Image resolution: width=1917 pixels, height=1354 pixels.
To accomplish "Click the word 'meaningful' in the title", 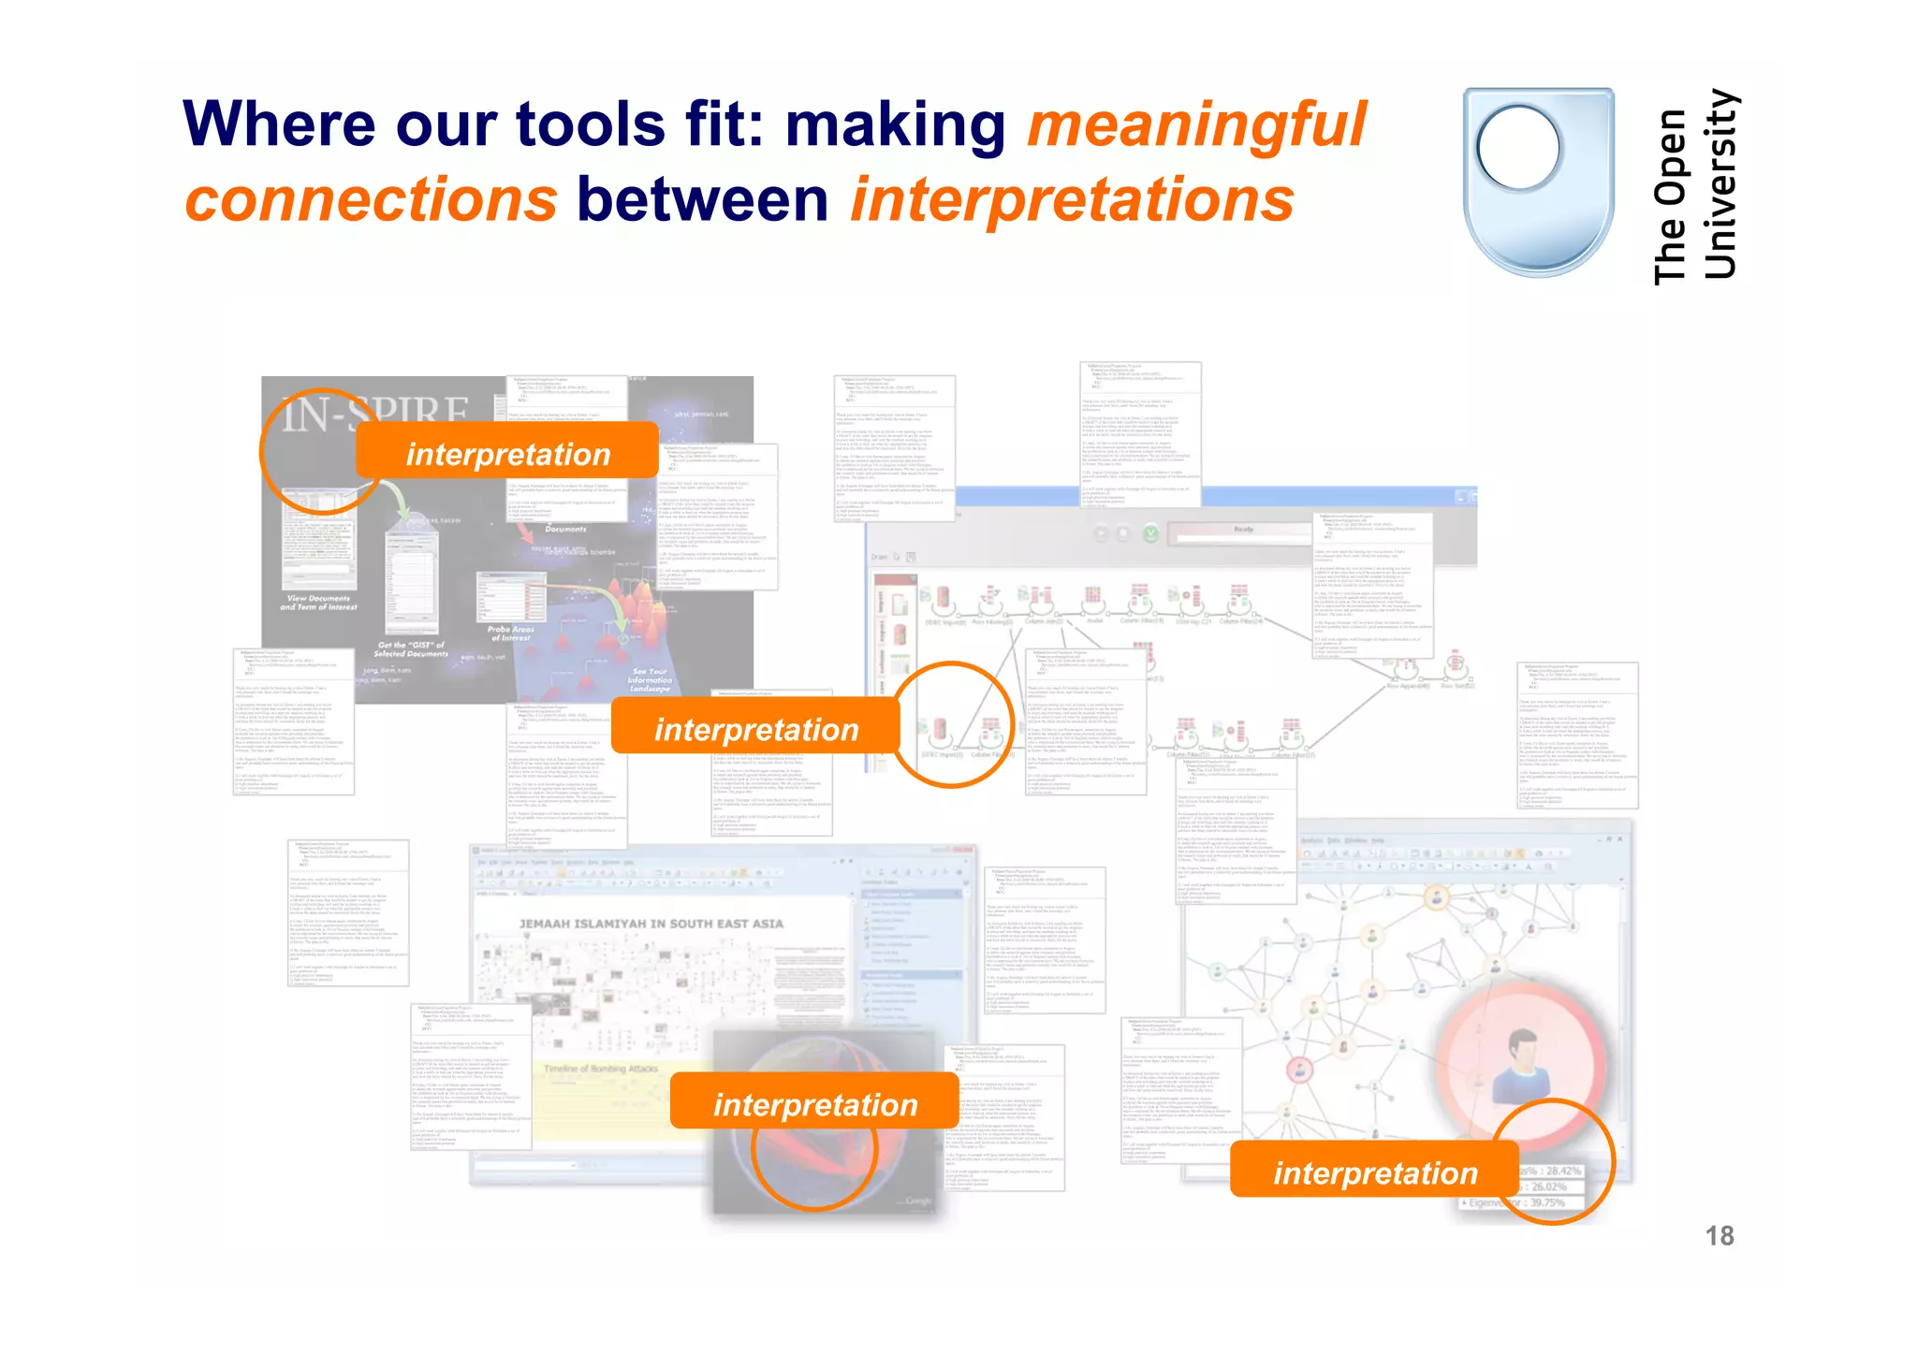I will [x=1196, y=125].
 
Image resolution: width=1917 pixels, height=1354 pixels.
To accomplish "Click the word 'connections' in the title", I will [x=371, y=201].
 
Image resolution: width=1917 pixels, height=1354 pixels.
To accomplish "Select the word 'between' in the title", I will [x=702, y=201].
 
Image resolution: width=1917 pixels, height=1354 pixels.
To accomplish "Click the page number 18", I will [x=1719, y=1236].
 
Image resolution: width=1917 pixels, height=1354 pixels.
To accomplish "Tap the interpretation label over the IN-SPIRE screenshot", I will [x=507, y=454].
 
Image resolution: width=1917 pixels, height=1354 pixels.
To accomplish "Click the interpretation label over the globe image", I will [x=814, y=1104].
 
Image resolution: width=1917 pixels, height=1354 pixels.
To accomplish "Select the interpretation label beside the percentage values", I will [x=1374, y=1172].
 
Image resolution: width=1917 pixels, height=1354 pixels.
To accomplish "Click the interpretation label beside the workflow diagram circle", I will [x=755, y=729].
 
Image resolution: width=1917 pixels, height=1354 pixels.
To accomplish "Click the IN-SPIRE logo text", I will [x=374, y=415].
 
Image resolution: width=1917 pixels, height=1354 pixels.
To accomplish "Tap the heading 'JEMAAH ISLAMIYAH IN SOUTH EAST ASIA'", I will [x=651, y=924].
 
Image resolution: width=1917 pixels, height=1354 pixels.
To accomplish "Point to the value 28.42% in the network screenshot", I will [x=1558, y=1171].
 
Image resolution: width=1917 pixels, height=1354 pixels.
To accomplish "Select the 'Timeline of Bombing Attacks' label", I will [x=601, y=1069].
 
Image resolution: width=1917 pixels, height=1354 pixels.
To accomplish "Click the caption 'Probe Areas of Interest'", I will [x=510, y=633].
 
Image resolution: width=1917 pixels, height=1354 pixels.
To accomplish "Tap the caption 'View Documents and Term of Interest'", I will [x=318, y=603].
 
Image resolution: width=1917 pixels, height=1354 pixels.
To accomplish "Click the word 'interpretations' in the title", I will [x=1073, y=201].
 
